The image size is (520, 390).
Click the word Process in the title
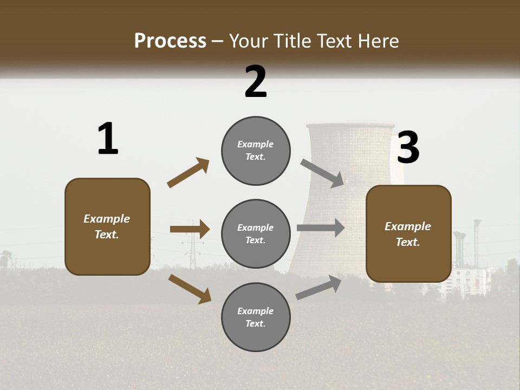pos(170,41)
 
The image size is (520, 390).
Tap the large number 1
pos(108,139)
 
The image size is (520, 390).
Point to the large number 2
pos(256,82)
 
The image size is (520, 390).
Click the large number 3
pos(408,147)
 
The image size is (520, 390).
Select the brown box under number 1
pos(107,226)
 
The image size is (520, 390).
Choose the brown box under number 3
pos(408,233)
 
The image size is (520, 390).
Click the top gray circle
pos(256,151)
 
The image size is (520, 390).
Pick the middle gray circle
pos(256,233)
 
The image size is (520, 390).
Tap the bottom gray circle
pos(256,317)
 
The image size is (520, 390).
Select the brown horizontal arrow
pos(190,229)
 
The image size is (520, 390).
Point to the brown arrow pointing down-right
pos(190,288)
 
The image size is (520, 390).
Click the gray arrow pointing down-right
pos(322,173)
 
